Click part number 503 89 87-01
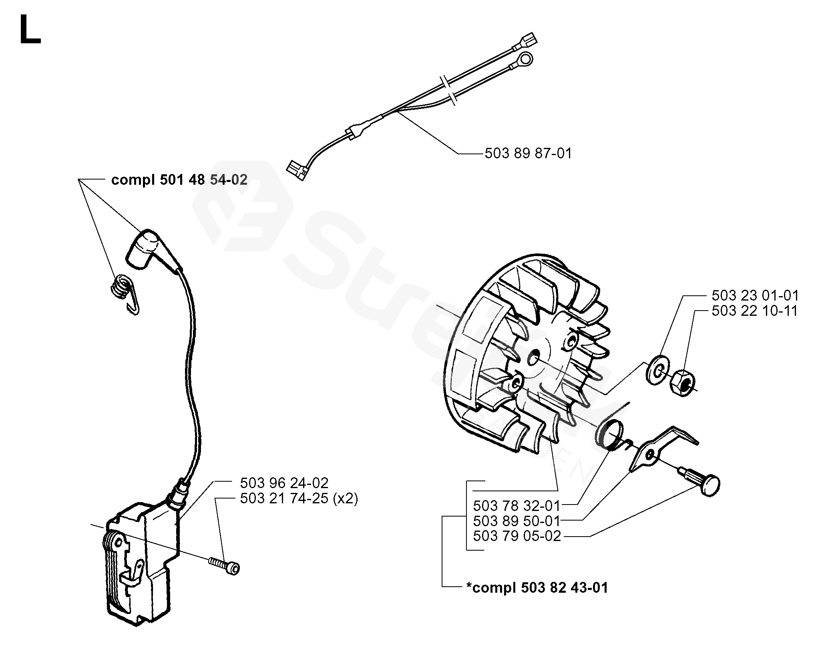pyautogui.click(x=528, y=153)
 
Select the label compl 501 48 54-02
pyautogui.click(x=179, y=180)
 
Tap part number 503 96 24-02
pyautogui.click(x=284, y=482)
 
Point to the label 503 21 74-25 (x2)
pyautogui.click(x=299, y=499)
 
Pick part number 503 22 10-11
pyautogui.click(x=755, y=311)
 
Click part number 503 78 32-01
pyautogui.click(x=517, y=505)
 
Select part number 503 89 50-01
pyautogui.click(x=517, y=521)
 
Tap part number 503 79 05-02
pyautogui.click(x=517, y=536)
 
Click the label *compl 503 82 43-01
pyautogui.click(x=537, y=588)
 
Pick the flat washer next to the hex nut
pyautogui.click(x=655, y=372)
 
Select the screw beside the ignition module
pyautogui.click(x=225, y=565)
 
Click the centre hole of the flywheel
pyautogui.click(x=533, y=358)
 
